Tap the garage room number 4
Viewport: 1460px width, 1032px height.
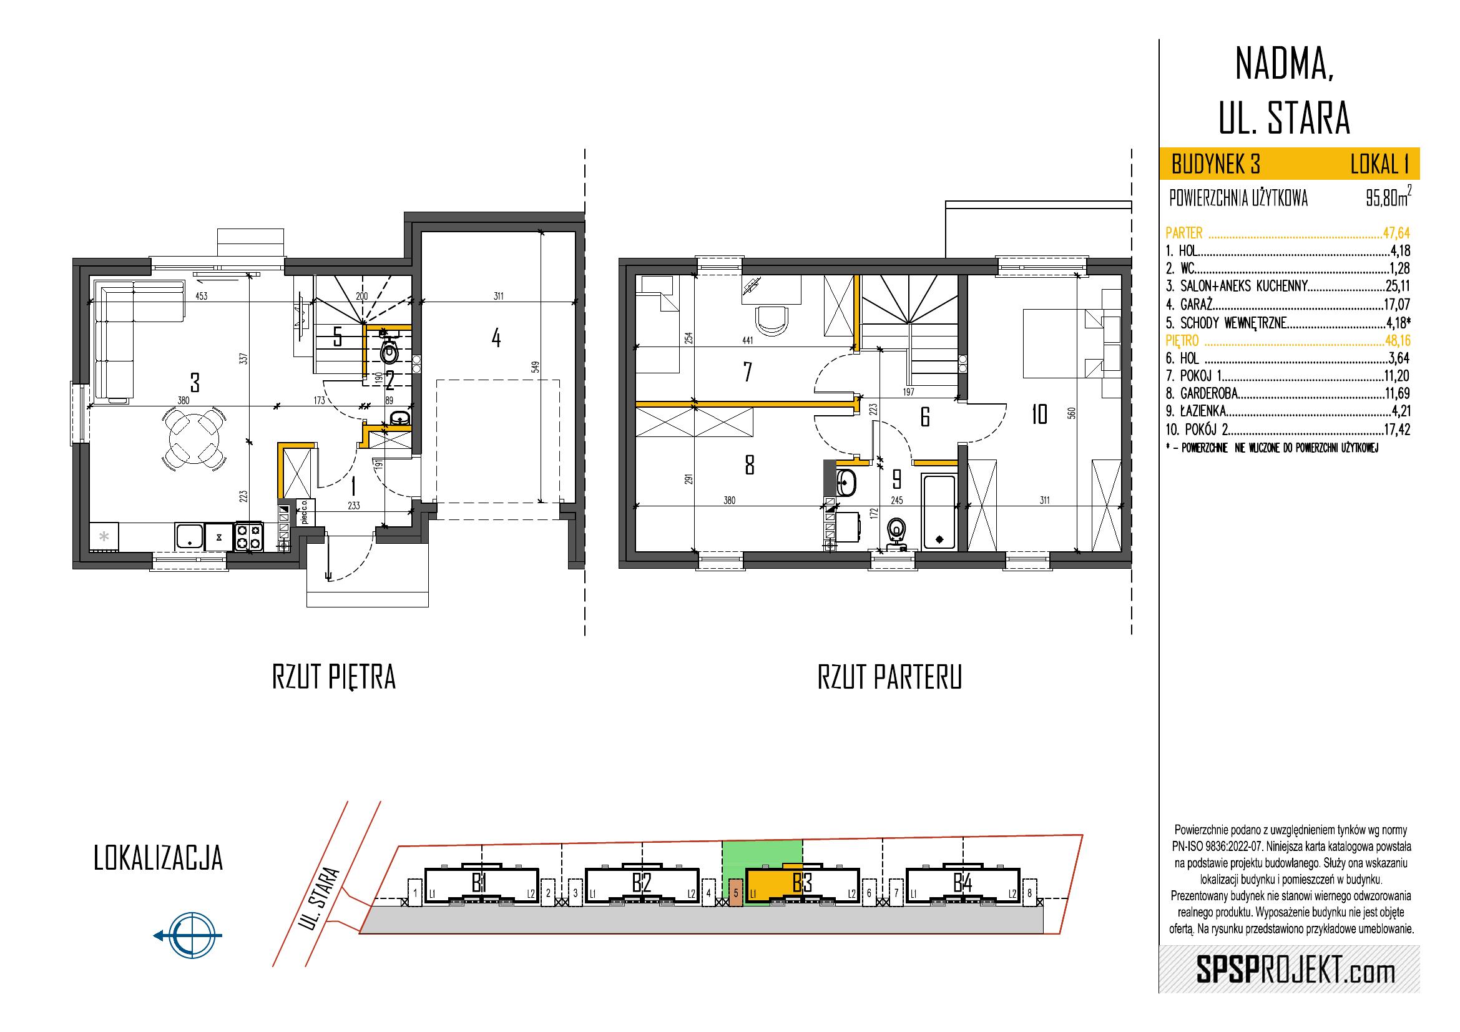click(496, 338)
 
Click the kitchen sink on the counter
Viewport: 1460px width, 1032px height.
click(190, 536)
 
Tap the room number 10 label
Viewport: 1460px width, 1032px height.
click(1040, 415)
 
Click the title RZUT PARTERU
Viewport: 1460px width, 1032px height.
click(889, 678)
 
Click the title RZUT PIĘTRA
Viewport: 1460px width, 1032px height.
click(334, 678)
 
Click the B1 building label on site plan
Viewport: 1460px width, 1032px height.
click(479, 883)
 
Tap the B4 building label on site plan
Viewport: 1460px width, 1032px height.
click(963, 883)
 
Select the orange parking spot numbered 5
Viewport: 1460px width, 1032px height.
click(736, 893)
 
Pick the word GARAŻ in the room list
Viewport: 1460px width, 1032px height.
click(1197, 304)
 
